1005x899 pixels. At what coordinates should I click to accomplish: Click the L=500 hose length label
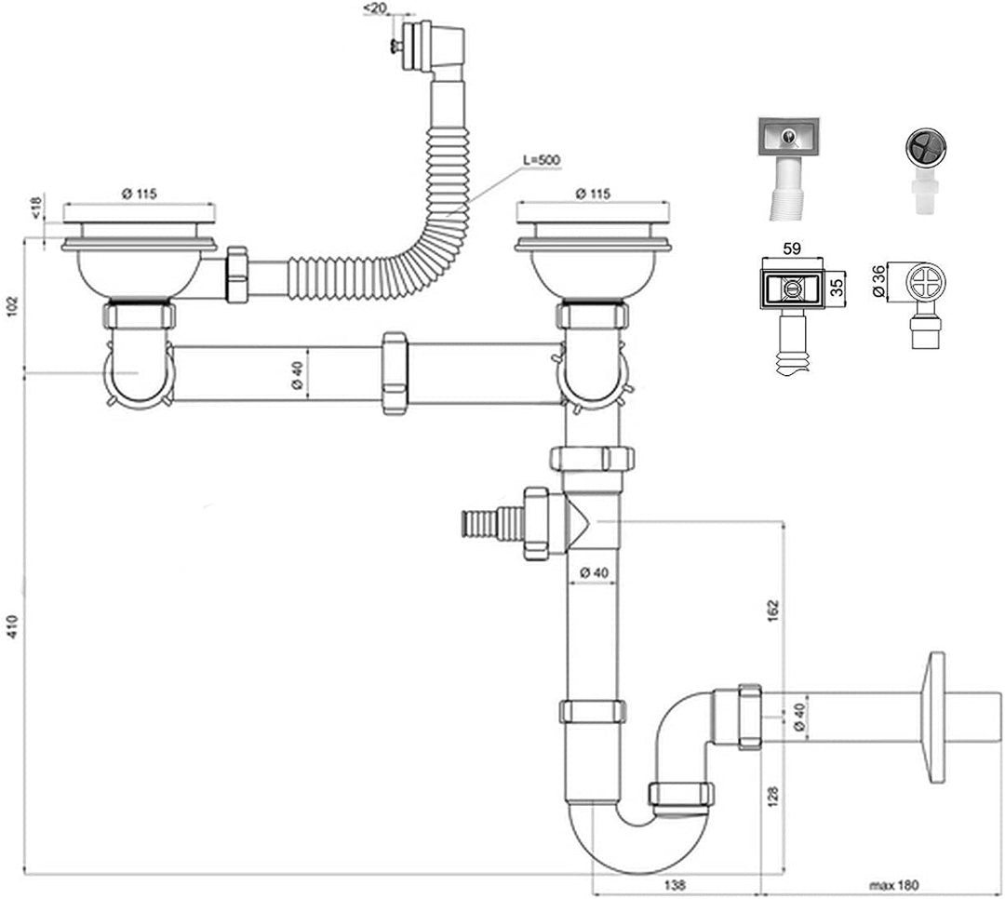point(542,160)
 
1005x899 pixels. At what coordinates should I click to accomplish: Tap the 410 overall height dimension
point(13,625)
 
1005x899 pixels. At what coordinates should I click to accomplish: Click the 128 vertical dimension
point(773,796)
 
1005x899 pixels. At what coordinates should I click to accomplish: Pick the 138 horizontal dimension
point(675,885)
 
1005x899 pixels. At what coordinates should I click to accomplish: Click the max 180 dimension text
point(893,886)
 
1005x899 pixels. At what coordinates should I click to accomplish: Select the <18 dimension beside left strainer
point(36,208)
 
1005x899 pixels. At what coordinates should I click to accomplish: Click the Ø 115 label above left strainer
point(139,193)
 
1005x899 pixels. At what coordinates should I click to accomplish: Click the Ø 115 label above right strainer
point(593,193)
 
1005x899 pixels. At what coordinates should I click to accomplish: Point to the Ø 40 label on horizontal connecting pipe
point(296,375)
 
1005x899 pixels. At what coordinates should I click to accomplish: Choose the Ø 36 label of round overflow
point(879,281)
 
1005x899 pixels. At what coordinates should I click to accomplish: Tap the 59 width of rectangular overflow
point(792,248)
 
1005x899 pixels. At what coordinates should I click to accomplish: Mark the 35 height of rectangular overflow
point(837,287)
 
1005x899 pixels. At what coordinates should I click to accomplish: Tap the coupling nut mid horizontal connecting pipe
point(395,373)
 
